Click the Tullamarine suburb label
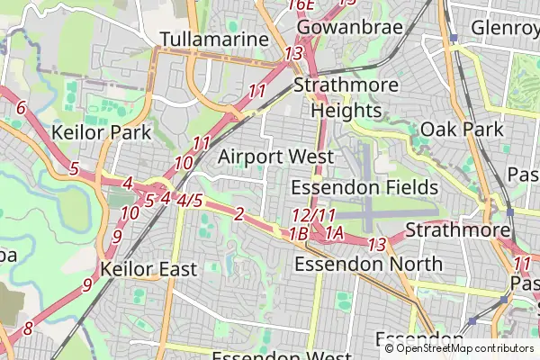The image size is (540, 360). [x=214, y=40]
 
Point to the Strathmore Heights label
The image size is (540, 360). [x=346, y=98]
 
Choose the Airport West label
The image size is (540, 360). [x=275, y=156]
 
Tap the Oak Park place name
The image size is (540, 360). [x=462, y=129]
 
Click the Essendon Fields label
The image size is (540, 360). [x=364, y=187]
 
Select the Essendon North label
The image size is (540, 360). [x=369, y=264]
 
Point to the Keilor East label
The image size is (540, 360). [x=148, y=268]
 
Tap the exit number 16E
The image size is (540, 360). [x=301, y=5]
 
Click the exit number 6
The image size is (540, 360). [x=21, y=109]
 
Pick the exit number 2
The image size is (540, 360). [x=238, y=213]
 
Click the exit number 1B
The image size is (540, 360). [x=299, y=234]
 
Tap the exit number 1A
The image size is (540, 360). [x=335, y=234]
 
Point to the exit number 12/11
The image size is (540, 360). [x=313, y=216]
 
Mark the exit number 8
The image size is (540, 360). [x=28, y=328]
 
